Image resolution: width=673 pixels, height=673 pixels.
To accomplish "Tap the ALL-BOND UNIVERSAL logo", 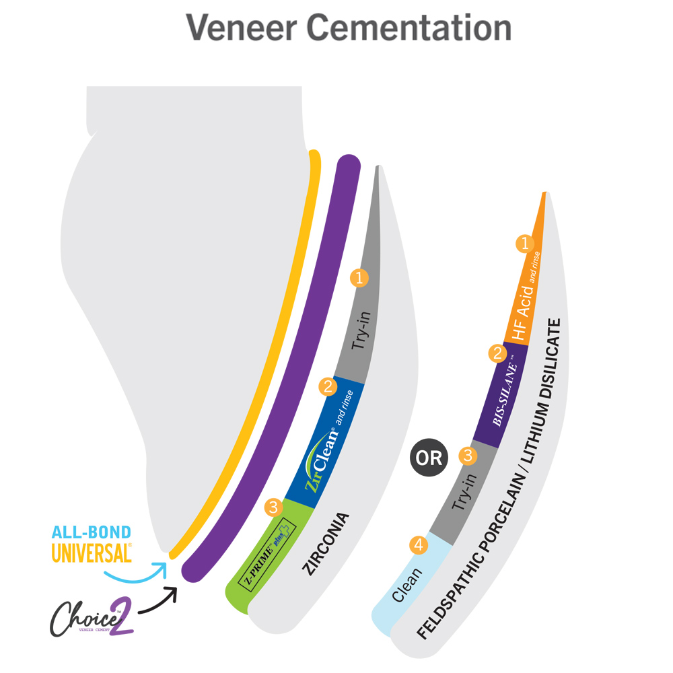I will click(92, 544).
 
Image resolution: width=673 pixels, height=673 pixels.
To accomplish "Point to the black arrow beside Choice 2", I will click(157, 602).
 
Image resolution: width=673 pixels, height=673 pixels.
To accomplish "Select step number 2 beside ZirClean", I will click(328, 386).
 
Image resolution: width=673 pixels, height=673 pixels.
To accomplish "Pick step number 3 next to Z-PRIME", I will click(273, 507).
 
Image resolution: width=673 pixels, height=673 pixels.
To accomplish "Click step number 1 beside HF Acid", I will click(524, 242).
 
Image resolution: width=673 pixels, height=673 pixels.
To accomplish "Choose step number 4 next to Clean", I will click(419, 546).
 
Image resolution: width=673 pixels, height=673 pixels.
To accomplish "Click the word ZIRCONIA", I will click(326, 544).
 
